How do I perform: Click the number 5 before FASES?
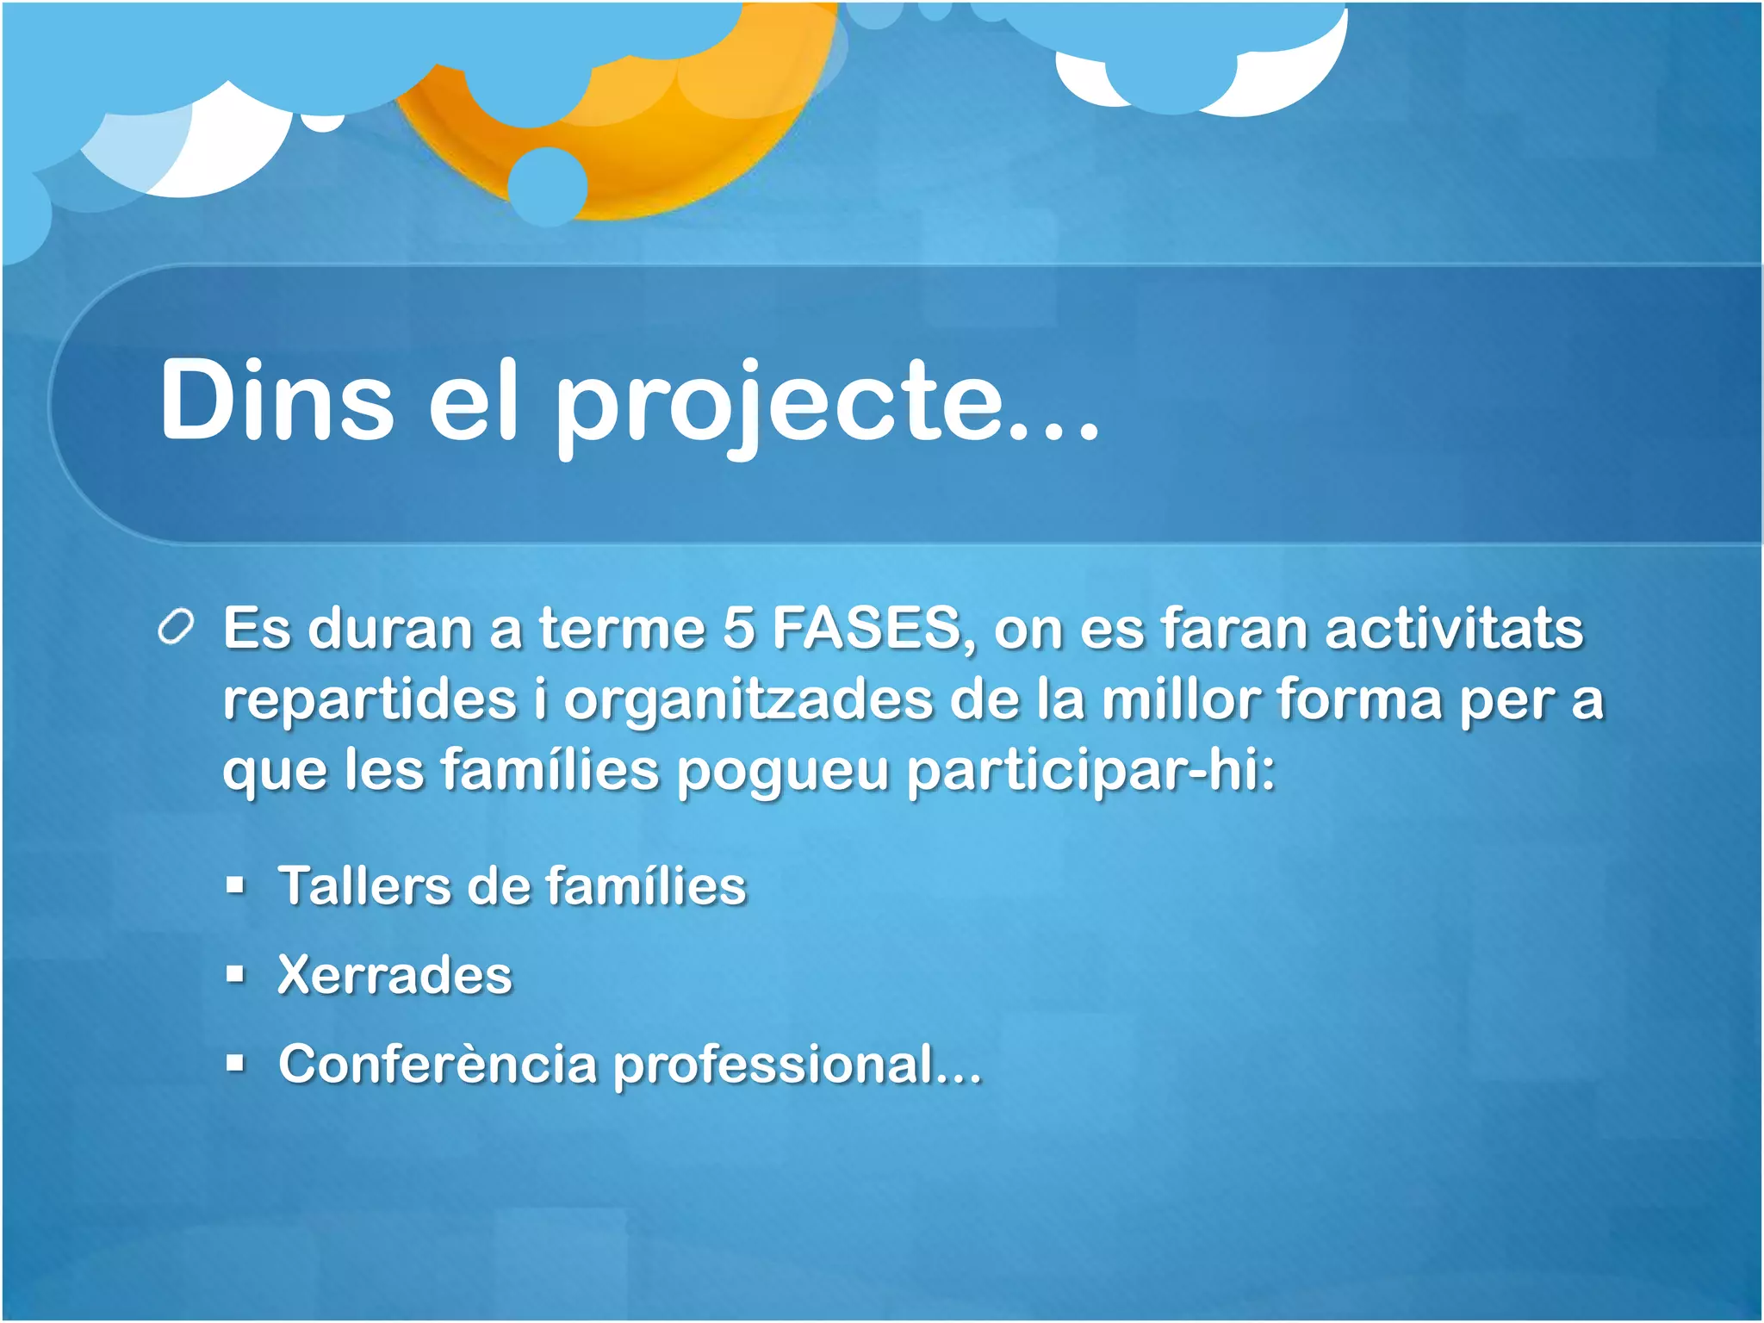[738, 628]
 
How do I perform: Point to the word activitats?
[1454, 628]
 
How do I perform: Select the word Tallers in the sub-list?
[364, 886]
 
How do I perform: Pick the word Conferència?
[438, 1065]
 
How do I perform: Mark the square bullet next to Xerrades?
[235, 975]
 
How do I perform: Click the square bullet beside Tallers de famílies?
[235, 885]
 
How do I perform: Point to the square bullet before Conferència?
[235, 1065]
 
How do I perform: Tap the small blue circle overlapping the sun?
[548, 186]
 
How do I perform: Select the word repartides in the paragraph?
[370, 700]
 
